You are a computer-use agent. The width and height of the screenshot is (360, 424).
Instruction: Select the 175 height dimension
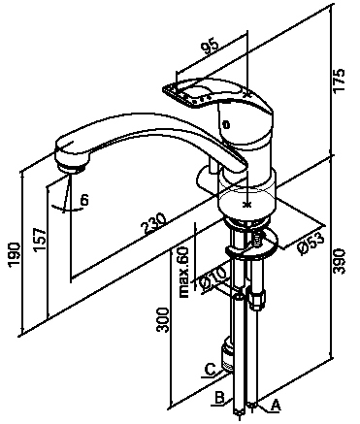340,82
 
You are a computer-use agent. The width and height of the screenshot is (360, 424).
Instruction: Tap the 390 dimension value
339,262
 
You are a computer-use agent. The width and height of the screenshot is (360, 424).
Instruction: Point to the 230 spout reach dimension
154,223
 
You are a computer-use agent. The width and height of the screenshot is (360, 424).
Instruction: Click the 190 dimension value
15,254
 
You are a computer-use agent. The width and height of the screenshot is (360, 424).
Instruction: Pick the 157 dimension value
39,240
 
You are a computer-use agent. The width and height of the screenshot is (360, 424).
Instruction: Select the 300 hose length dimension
162,320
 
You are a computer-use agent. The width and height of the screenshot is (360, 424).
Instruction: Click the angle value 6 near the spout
84,201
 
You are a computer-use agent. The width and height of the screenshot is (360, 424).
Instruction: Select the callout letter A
275,405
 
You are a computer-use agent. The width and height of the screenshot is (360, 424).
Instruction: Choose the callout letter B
219,398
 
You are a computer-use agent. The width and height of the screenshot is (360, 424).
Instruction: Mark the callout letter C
211,370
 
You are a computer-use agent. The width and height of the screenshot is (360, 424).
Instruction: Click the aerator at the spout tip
72,167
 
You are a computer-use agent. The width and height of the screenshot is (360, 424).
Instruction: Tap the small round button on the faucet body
226,125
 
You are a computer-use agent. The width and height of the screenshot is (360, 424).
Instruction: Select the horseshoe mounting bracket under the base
252,244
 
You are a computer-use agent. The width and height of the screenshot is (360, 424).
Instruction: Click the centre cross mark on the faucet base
247,205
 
